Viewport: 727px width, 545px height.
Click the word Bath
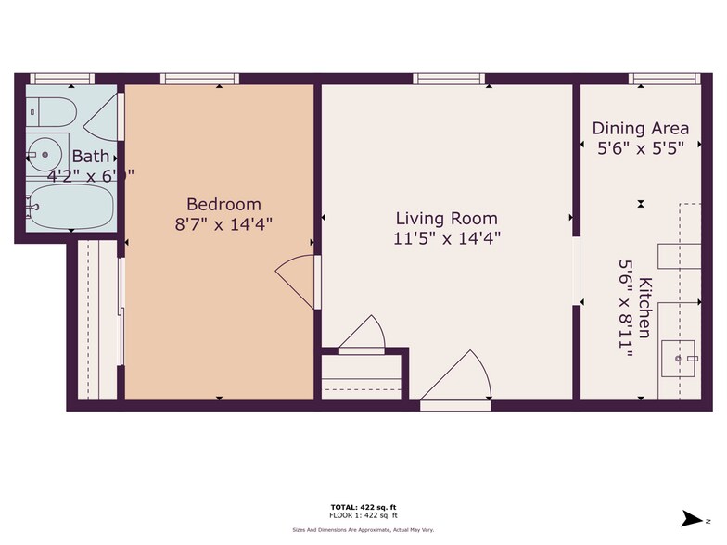(90, 156)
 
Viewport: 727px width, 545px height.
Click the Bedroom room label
(223, 204)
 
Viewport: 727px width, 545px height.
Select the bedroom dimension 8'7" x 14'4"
(223, 223)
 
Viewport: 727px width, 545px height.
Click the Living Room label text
(446, 219)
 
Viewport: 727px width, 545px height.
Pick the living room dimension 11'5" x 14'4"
(446, 237)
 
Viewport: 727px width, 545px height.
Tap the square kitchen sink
(679, 356)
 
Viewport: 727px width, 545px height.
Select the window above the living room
(448, 80)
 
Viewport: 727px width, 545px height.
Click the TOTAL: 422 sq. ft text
(363, 506)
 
